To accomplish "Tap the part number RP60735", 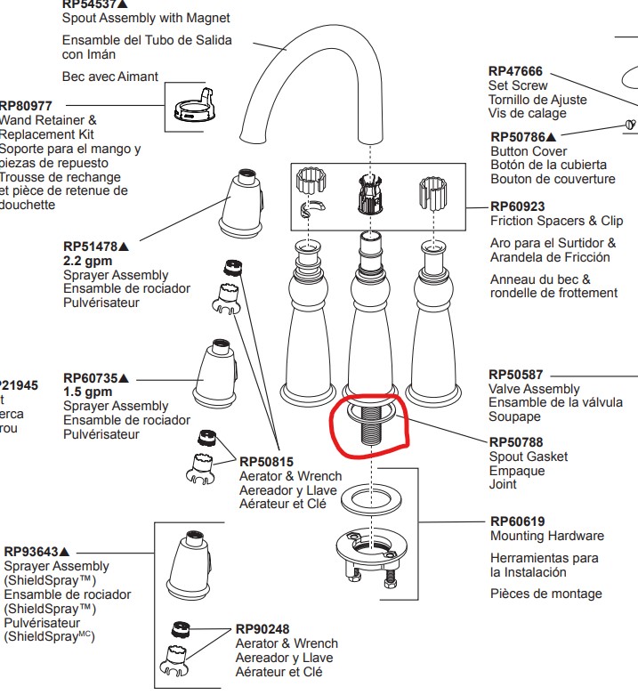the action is click(92, 377).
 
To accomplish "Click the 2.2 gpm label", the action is click(87, 262).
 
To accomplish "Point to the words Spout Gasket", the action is click(529, 457).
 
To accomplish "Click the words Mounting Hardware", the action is click(546, 536).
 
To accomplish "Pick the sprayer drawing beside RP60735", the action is click(216, 374).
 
